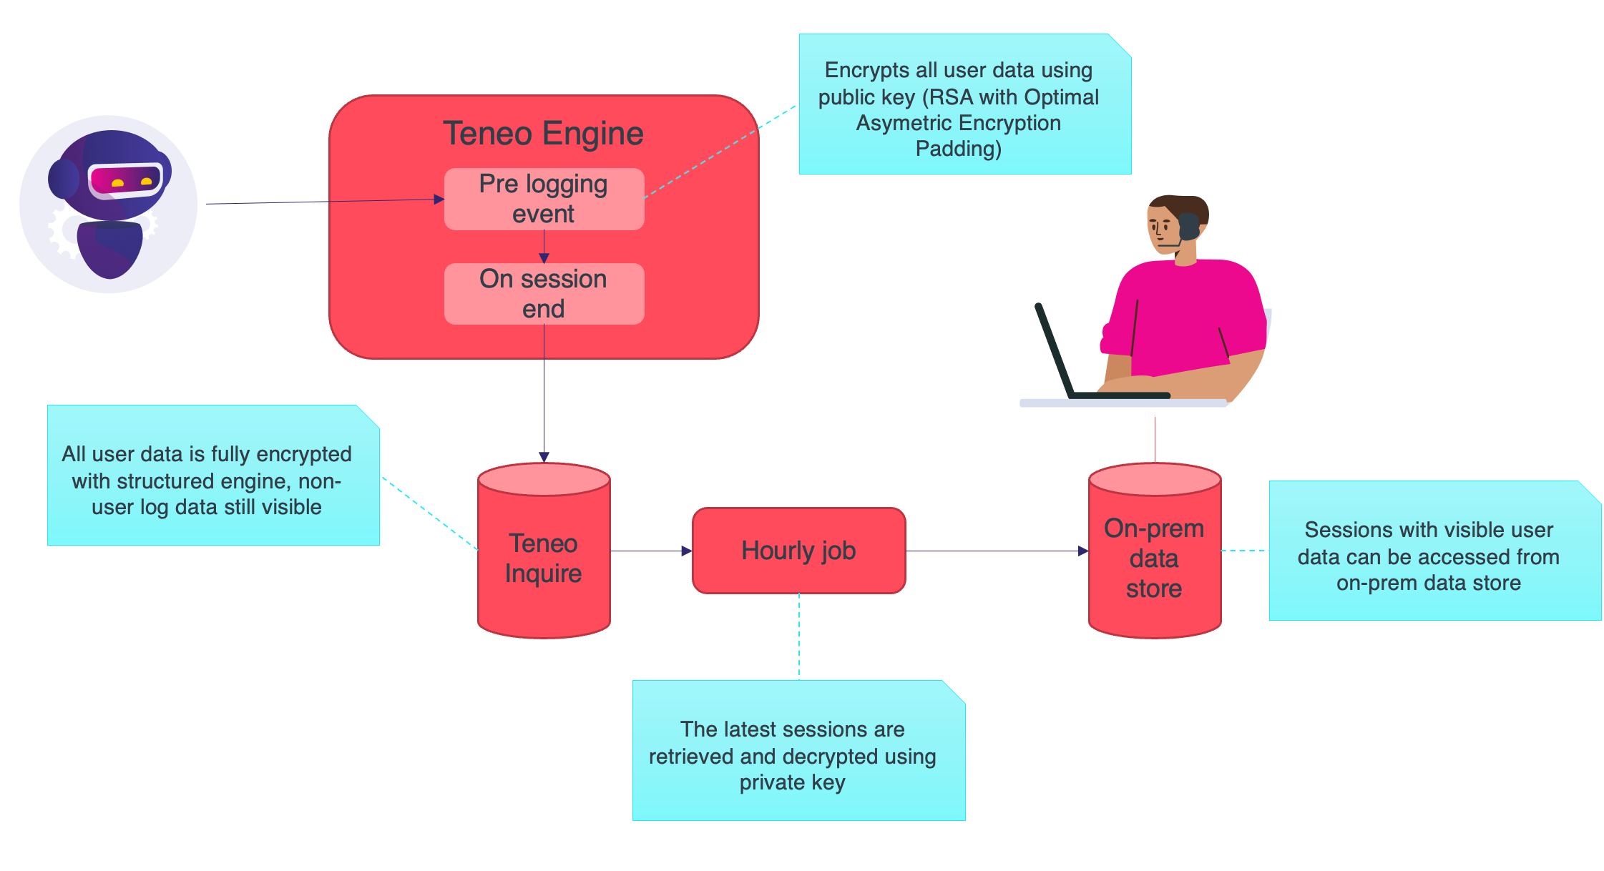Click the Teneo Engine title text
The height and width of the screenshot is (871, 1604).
click(543, 134)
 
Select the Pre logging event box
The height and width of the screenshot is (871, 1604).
click(544, 199)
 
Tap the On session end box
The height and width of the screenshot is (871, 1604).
click(544, 294)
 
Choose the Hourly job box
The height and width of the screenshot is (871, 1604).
click(798, 551)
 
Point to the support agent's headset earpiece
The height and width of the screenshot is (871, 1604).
click(1188, 226)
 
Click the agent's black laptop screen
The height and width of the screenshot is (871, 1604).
click(1053, 350)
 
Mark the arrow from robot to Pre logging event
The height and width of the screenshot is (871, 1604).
click(322, 202)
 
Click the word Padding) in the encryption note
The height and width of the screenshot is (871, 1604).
click(958, 149)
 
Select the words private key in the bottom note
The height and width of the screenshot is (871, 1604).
click(792, 782)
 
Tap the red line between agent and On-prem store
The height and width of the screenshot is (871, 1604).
click(1155, 439)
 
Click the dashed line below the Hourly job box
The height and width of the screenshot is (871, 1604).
click(799, 636)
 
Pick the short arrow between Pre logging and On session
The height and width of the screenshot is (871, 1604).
click(544, 247)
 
